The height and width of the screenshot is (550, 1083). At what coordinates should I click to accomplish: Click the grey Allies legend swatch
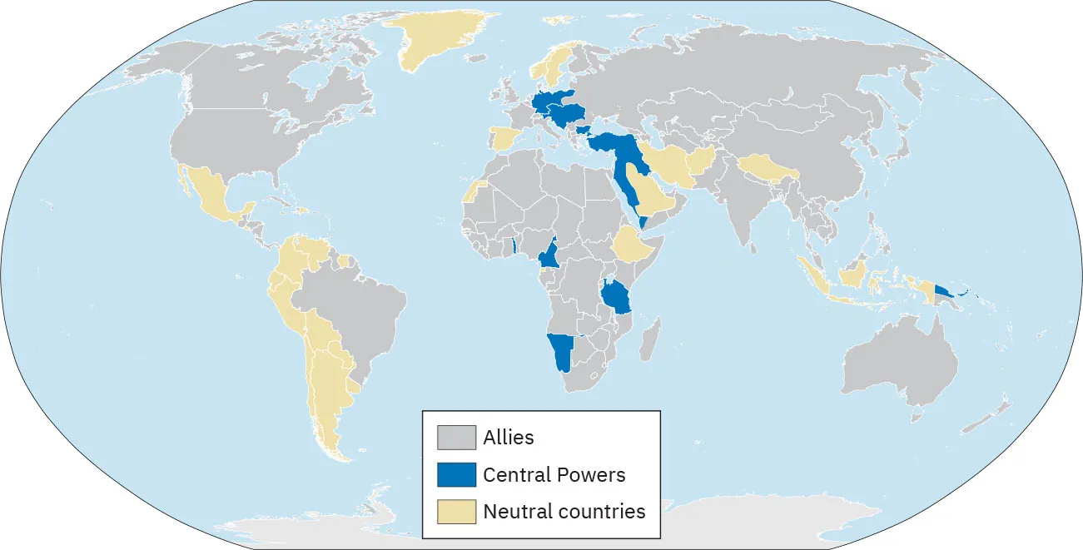pyautogui.click(x=457, y=438)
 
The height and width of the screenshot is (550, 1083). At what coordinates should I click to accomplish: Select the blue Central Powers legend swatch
pyautogui.click(x=457, y=475)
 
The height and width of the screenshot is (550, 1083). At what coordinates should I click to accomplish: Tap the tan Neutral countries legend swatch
pyautogui.click(x=457, y=512)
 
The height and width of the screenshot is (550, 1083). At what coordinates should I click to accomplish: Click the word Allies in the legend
pyautogui.click(x=509, y=437)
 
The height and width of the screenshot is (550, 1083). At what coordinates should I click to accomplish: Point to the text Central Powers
pyautogui.click(x=554, y=475)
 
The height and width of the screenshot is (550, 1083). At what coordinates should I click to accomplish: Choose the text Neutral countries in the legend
pyautogui.click(x=564, y=512)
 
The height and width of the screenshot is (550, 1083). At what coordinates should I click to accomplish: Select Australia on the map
pyautogui.click(x=899, y=366)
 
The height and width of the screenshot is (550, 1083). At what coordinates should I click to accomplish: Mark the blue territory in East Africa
pyautogui.click(x=617, y=295)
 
